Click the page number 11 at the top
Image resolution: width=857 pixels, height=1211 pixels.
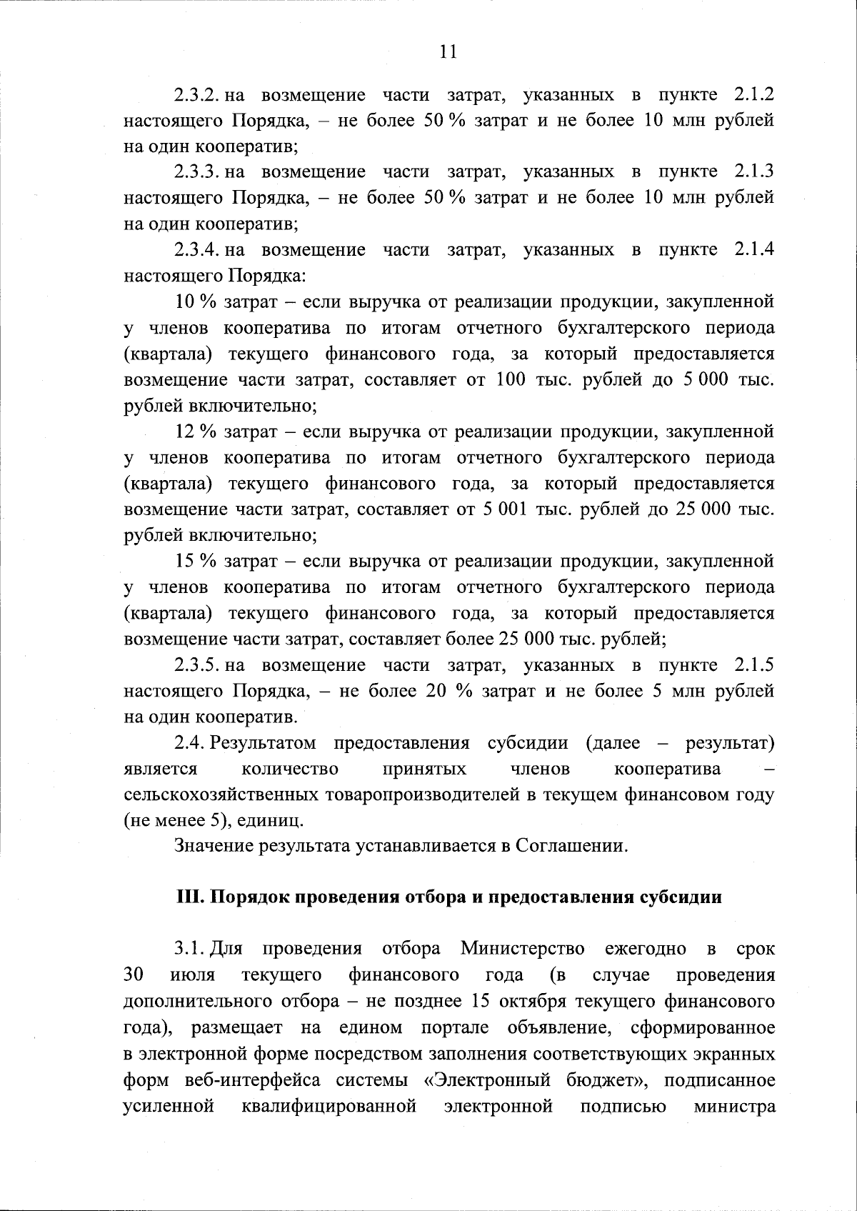(448, 51)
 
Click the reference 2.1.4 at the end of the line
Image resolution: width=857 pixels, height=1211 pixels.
(753, 250)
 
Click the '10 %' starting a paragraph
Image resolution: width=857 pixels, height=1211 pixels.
(196, 302)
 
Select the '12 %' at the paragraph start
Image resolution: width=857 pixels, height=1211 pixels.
(196, 432)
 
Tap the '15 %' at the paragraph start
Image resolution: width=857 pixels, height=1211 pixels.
(196, 562)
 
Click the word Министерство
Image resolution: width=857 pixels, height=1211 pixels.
(523, 950)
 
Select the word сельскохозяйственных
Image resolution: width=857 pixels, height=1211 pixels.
(221, 795)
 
